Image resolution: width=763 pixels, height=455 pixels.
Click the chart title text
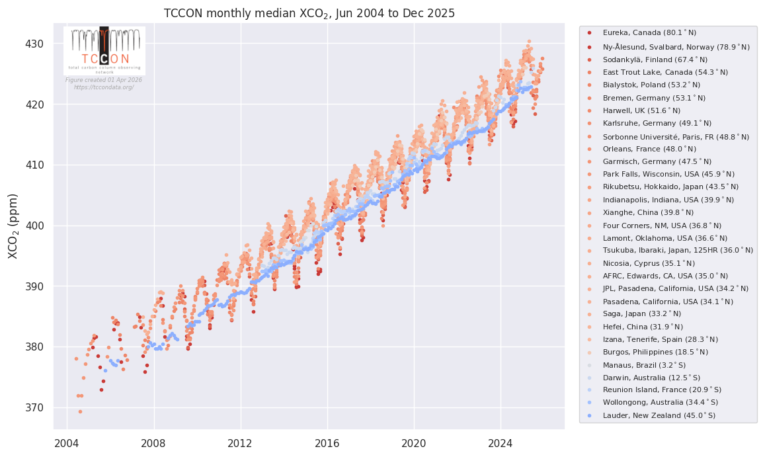(x=309, y=13)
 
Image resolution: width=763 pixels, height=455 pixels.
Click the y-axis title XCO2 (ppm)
(x=13, y=226)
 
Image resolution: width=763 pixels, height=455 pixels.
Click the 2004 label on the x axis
(x=67, y=442)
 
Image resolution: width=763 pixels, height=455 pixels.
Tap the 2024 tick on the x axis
(x=501, y=442)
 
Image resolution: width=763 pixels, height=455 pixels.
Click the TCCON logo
(x=104, y=50)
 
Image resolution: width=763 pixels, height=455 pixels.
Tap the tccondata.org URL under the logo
(x=104, y=87)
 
